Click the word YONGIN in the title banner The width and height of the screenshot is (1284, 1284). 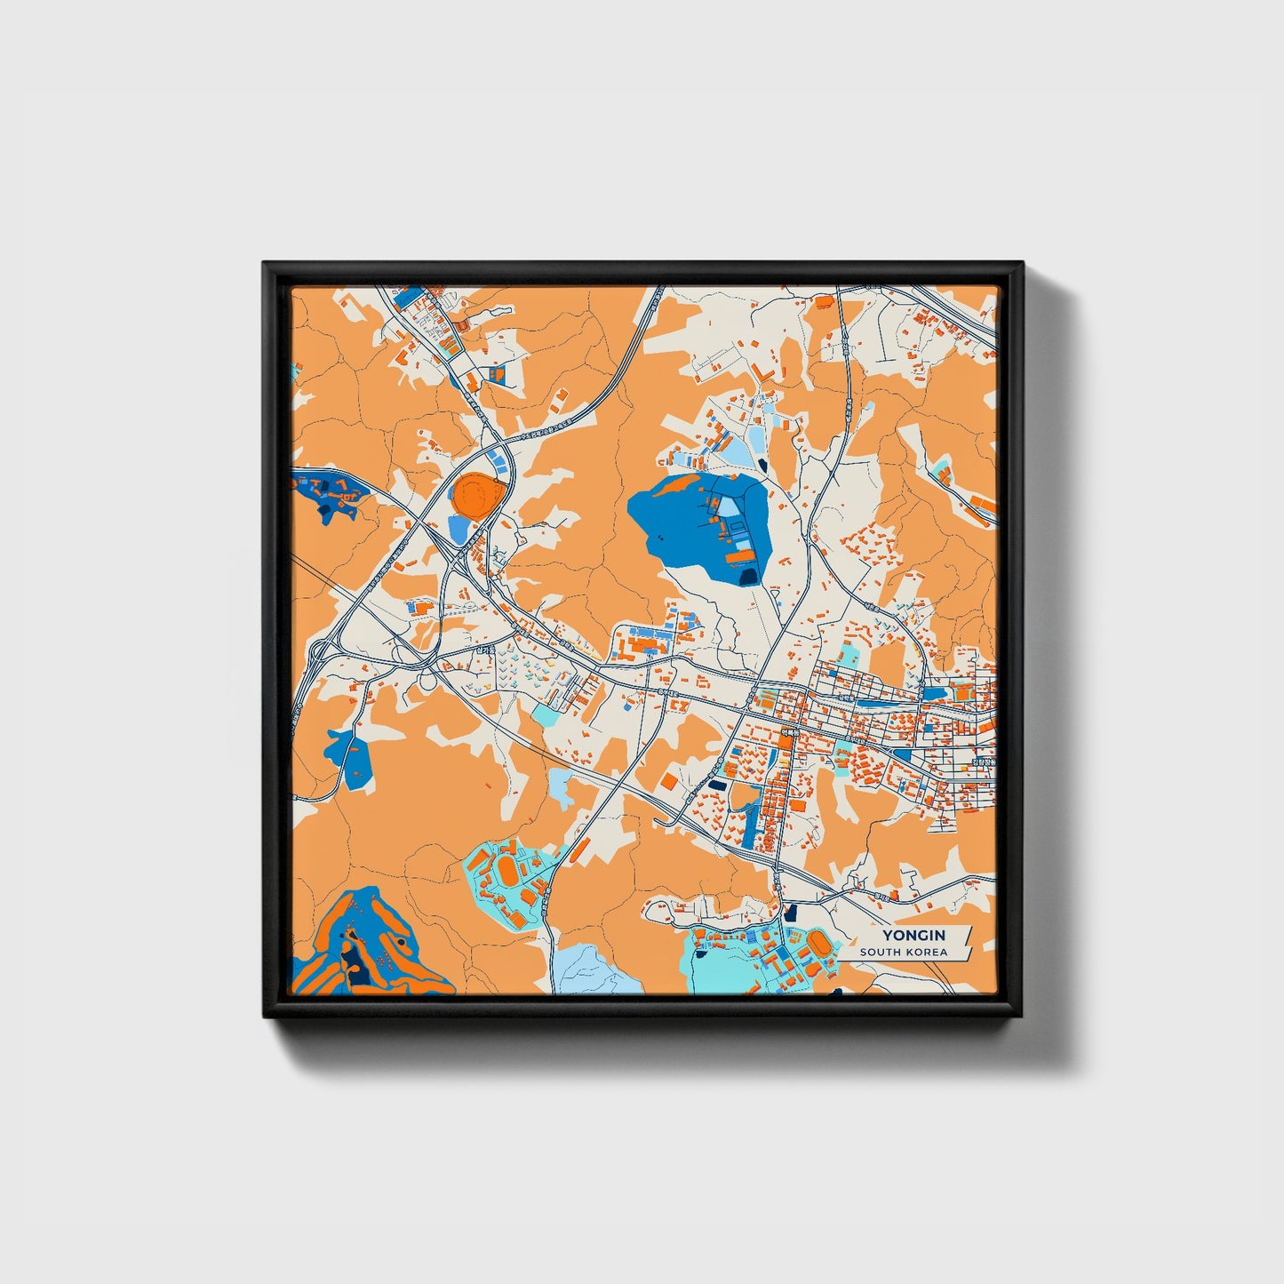click(913, 935)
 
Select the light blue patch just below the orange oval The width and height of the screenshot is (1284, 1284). click(459, 530)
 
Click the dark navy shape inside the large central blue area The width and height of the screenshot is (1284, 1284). click(749, 577)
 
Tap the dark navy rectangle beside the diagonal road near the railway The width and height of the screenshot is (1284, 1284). click(717, 786)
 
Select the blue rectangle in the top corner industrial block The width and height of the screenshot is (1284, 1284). click(406, 298)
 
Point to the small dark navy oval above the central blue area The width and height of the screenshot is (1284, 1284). click(762, 463)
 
